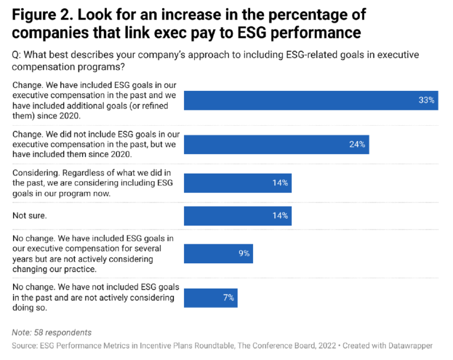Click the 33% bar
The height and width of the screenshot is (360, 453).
[311, 100]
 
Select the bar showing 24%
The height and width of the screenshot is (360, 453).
[276, 144]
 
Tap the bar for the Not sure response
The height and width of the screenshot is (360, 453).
[237, 215]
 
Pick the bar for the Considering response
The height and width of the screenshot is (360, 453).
[237, 183]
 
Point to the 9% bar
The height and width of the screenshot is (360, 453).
[218, 253]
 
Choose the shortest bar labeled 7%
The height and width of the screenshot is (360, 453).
[211, 297]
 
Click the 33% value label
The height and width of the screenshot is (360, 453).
[426, 100]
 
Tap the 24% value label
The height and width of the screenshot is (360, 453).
[357, 144]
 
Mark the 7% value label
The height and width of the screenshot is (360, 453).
[229, 297]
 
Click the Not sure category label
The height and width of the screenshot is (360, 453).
[29, 216]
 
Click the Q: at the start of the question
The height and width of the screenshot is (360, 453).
[17, 54]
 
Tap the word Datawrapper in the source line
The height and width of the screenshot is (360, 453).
[415, 345]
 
